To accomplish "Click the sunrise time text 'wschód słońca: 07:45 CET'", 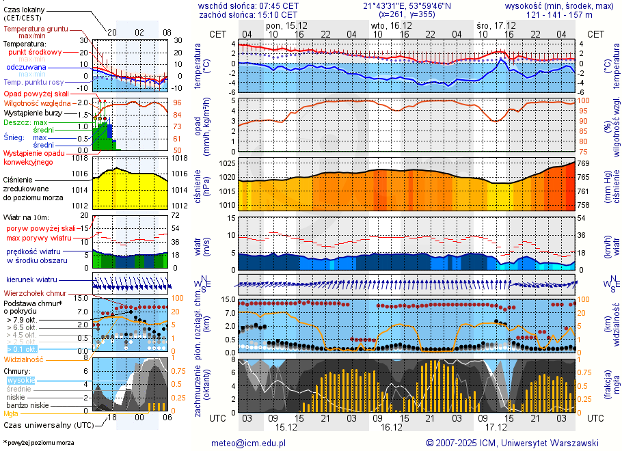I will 248,5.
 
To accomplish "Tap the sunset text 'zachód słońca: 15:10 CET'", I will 248,14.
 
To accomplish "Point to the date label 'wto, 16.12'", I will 391,25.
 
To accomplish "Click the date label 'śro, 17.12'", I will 496,25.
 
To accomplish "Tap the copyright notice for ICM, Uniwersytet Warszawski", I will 512,443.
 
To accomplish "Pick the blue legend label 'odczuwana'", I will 26,68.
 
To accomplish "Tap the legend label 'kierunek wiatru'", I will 32,280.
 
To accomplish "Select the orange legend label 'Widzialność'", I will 24,359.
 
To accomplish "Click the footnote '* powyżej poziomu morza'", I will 38,443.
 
